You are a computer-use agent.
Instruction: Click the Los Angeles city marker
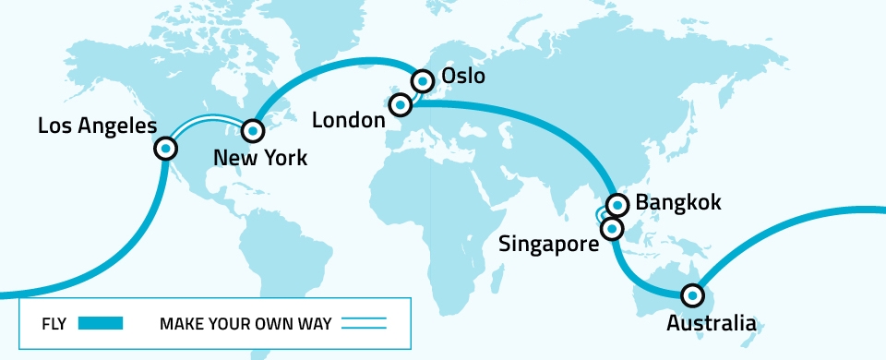pos(166,148)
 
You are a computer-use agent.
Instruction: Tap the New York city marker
pos(252,131)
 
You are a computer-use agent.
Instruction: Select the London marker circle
pos(400,105)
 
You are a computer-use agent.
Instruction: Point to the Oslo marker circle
pos(423,80)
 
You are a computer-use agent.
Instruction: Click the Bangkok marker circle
pos(617,204)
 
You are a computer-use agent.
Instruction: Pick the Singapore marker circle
pos(611,226)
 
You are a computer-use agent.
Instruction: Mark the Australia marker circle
pos(691,296)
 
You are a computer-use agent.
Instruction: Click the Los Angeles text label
pos(97,125)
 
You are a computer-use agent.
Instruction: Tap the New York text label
pos(260,159)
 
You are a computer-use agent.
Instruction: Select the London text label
pos(348,120)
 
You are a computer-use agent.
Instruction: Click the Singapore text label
pos(547,244)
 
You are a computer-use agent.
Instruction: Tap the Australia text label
pos(711,324)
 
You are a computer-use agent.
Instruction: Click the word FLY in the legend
pos(54,324)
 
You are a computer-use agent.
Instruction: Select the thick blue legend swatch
pos(101,324)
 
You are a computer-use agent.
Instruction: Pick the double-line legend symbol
pos(363,324)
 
